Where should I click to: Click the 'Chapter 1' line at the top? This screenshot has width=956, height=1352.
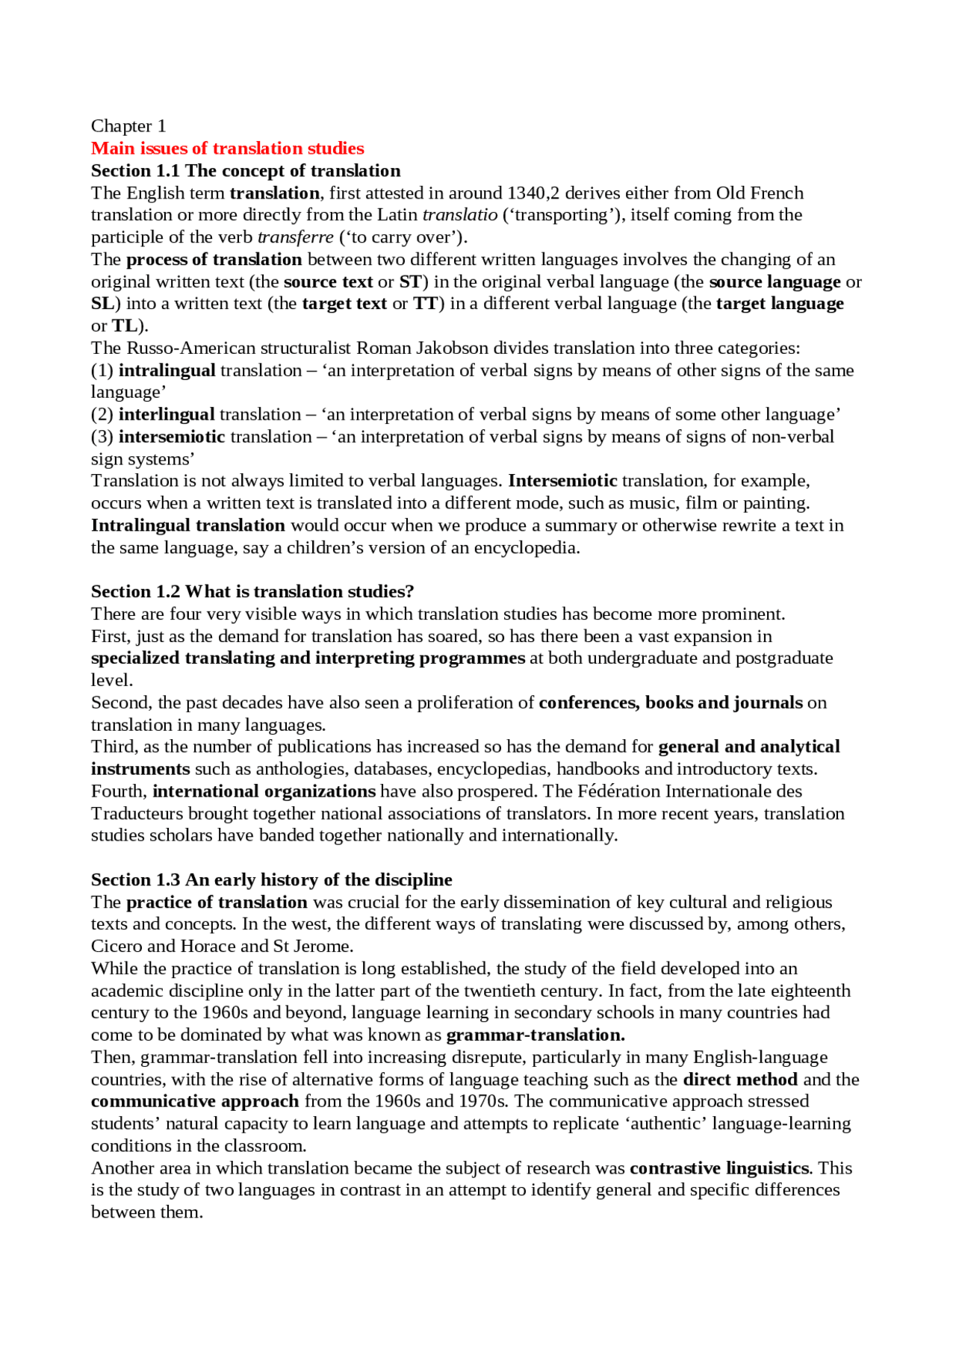[x=128, y=126]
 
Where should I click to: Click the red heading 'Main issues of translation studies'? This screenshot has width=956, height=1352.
[x=227, y=149]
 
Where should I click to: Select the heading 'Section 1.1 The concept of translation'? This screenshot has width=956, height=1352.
[x=246, y=171]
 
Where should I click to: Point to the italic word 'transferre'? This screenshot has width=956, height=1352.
[x=295, y=237]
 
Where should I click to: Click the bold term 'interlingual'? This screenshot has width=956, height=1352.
[x=167, y=414]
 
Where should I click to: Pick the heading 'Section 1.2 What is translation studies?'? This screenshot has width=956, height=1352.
[x=252, y=591]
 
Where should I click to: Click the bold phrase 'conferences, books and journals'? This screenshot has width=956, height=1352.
[x=671, y=703]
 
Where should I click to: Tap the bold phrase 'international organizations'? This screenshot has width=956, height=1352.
[x=264, y=791]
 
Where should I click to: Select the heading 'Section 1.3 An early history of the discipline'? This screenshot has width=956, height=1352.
[x=271, y=879]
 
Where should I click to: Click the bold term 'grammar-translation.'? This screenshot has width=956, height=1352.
[x=535, y=1035]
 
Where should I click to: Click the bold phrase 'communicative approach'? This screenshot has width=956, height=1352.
[x=195, y=1101]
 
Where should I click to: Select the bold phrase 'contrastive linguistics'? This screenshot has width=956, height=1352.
[x=719, y=1168]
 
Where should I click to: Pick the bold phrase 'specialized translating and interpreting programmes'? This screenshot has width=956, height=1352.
[x=308, y=658]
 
